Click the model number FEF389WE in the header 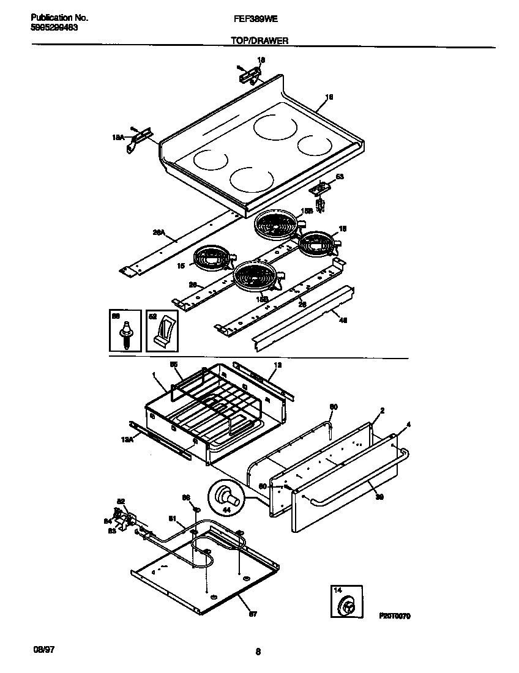[255, 20]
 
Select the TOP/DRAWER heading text [259, 41]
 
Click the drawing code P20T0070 [395, 615]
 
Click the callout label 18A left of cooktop [118, 139]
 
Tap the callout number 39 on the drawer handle [379, 497]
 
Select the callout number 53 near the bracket [340, 176]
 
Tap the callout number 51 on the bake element [173, 519]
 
